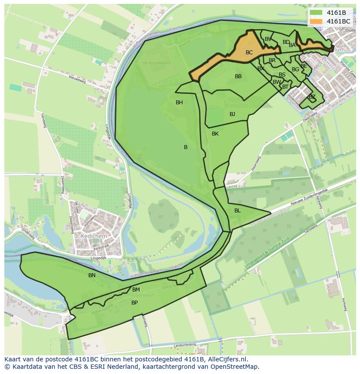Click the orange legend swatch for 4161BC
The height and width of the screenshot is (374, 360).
click(x=316, y=21)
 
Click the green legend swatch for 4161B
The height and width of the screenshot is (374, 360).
click(x=316, y=13)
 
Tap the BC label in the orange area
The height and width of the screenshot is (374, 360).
click(x=249, y=53)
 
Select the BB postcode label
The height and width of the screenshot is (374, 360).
click(x=238, y=76)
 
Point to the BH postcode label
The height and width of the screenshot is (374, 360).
click(x=179, y=103)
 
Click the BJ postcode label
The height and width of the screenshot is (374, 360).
click(x=232, y=114)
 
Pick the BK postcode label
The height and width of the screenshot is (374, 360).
click(x=215, y=134)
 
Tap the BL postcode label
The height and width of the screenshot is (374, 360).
click(x=237, y=211)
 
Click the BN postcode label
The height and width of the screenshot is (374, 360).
click(x=92, y=275)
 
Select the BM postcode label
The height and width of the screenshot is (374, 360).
click(x=136, y=290)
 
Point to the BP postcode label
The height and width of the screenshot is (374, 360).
click(x=134, y=303)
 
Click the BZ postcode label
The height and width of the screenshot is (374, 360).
click(x=312, y=97)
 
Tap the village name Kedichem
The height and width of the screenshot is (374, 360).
click(x=93, y=235)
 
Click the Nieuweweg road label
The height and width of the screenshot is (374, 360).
click(x=80, y=79)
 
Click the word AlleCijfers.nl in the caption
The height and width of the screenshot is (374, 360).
click(x=226, y=359)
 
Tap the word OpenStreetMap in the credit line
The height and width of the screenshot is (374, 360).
click(x=237, y=367)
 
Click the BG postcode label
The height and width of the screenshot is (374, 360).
click(x=295, y=70)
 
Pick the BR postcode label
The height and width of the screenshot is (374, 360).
click(x=272, y=60)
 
